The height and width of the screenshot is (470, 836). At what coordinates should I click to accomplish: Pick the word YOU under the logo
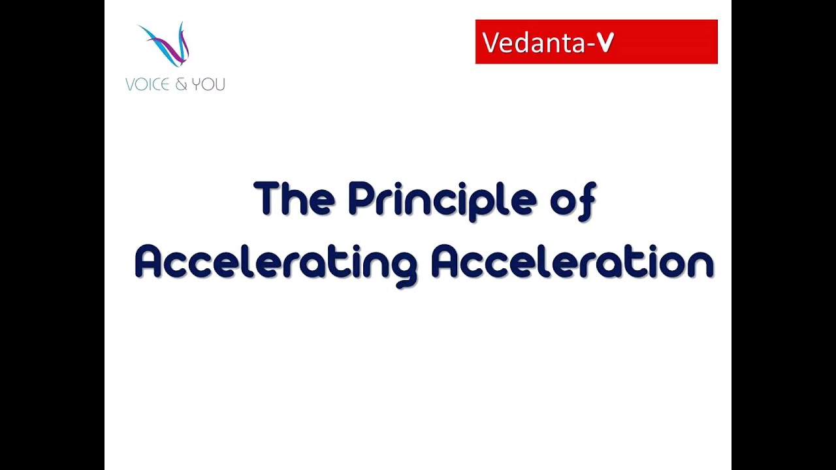tap(208, 84)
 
